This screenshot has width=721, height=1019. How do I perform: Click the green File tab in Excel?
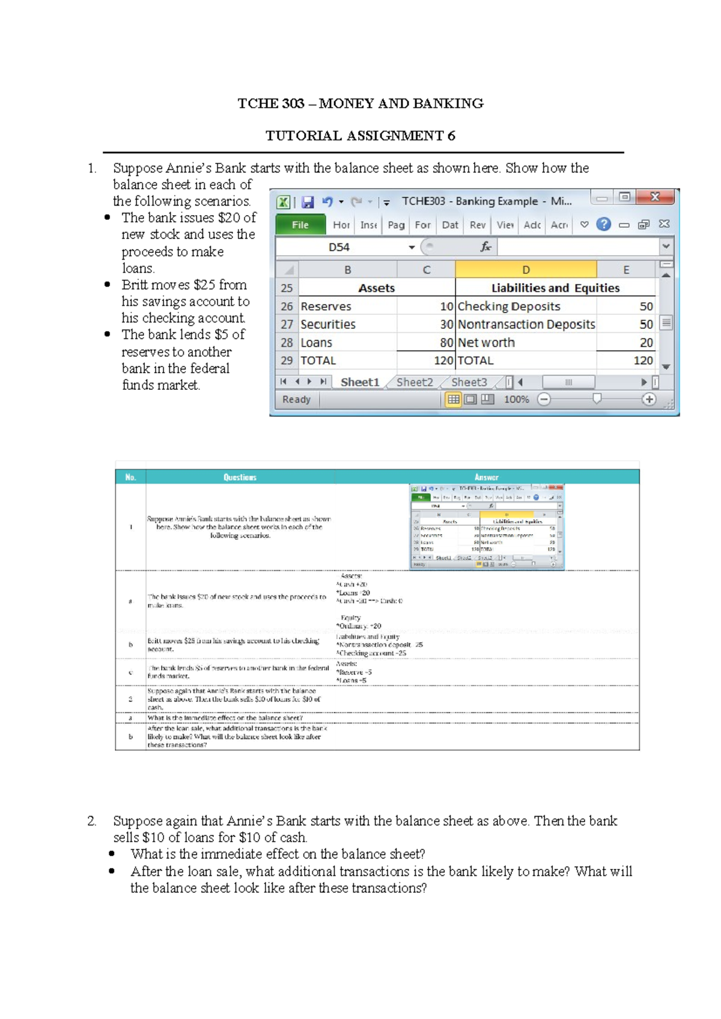click(x=300, y=225)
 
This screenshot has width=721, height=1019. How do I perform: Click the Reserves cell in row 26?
click(x=347, y=306)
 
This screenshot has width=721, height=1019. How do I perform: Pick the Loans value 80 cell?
click(x=426, y=342)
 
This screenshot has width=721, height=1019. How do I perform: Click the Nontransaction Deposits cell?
click(x=526, y=324)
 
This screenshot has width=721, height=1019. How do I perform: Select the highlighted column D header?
click(x=526, y=270)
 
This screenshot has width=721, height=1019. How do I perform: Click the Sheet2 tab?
click(x=415, y=382)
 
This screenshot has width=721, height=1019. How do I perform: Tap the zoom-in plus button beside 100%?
click(x=649, y=400)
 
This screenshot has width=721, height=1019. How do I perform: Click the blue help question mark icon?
click(x=603, y=225)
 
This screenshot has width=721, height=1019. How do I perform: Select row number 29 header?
click(x=287, y=360)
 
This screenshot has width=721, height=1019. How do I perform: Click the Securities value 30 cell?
click(x=426, y=324)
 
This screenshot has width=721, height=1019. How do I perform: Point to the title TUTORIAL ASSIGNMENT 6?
click(x=360, y=136)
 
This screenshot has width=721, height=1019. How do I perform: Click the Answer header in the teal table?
click(x=486, y=477)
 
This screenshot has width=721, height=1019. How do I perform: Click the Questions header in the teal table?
click(x=240, y=477)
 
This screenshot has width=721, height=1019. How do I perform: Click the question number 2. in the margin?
click(x=92, y=821)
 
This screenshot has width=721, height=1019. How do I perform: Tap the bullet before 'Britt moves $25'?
click(x=108, y=285)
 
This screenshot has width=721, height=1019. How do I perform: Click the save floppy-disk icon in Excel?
click(x=308, y=202)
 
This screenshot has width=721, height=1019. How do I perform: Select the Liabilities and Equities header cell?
click(x=555, y=288)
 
